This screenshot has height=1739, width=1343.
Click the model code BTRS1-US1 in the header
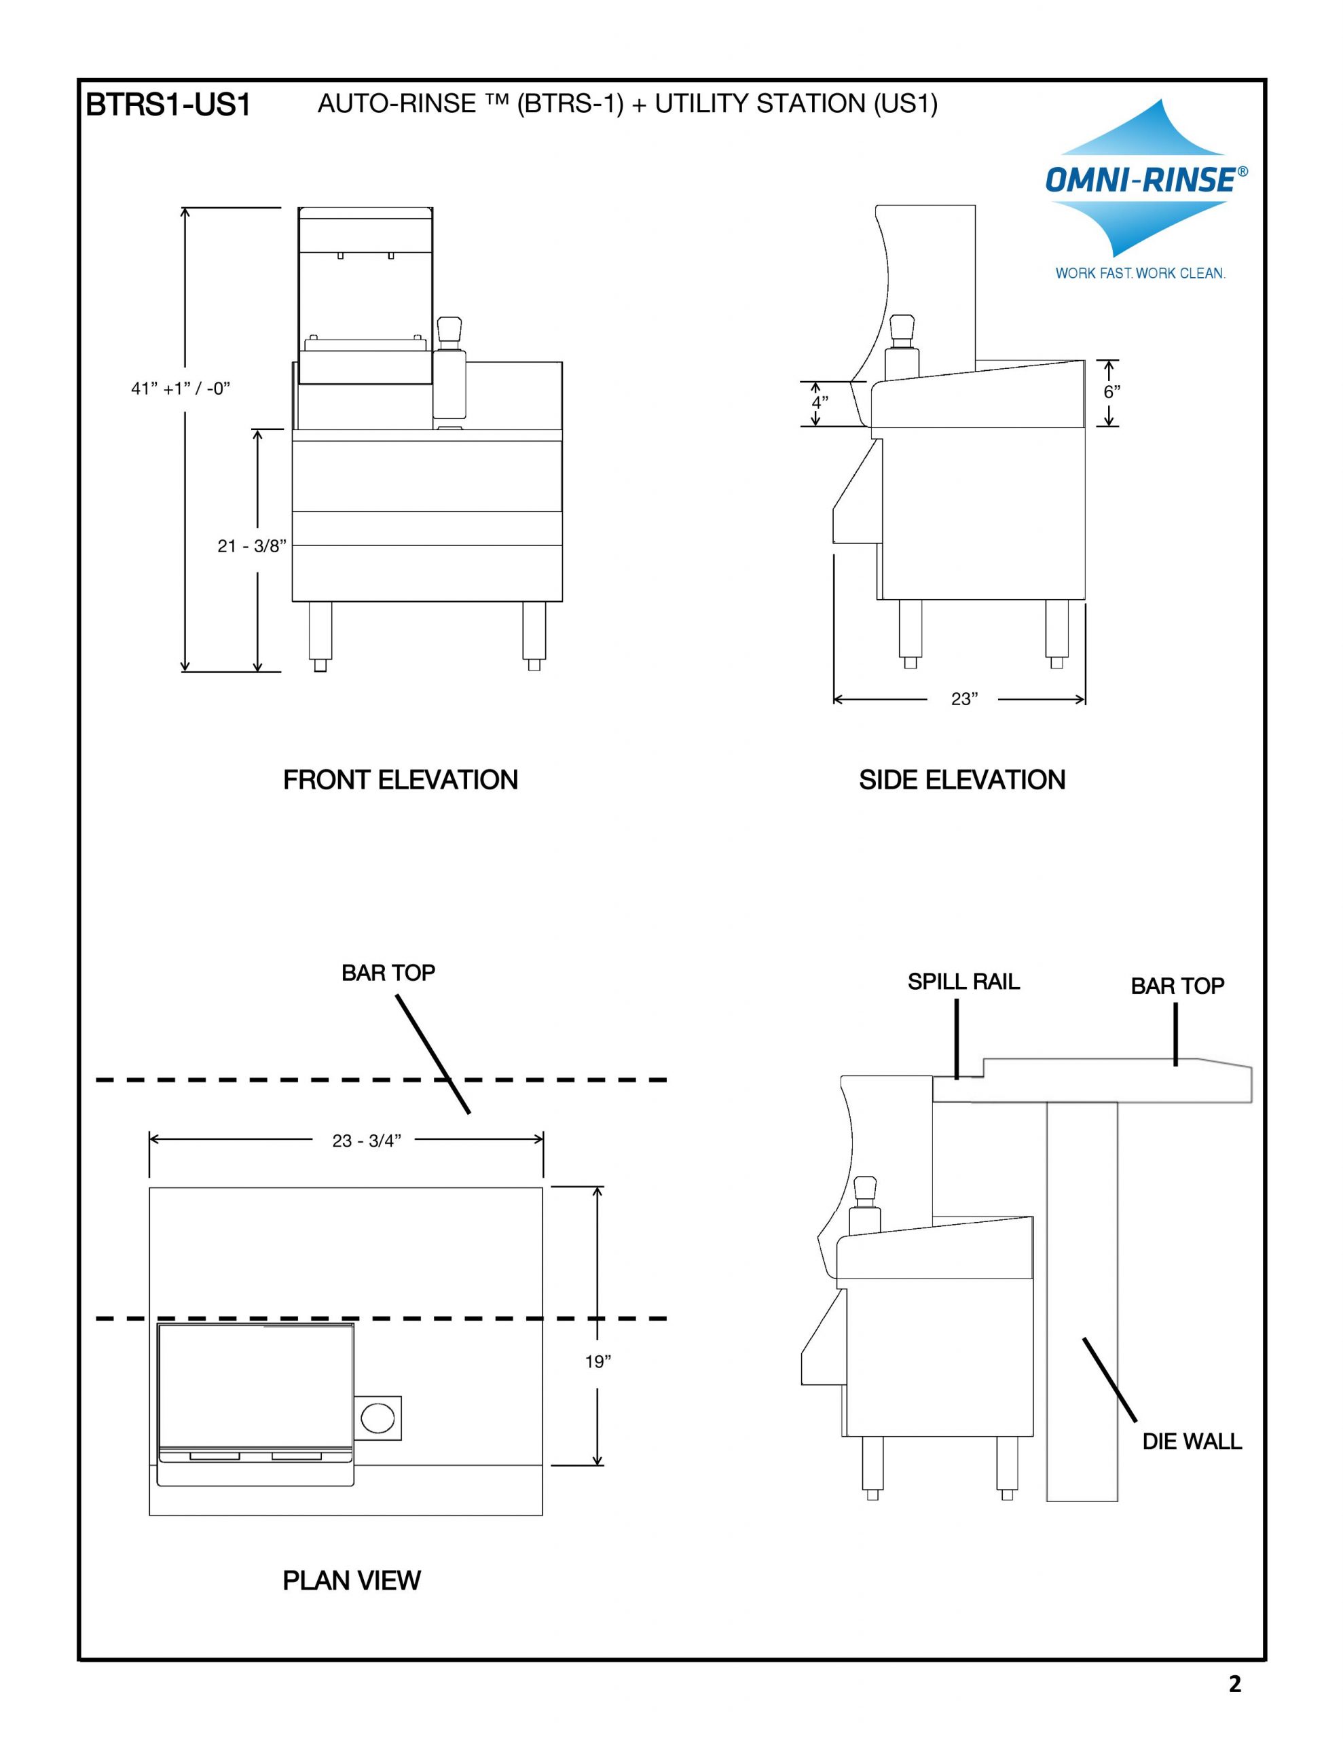coord(168,105)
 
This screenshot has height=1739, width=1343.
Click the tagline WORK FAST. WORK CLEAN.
coord(1140,273)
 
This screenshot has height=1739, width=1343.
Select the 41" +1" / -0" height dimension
coord(181,389)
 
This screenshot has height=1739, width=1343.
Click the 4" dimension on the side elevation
coord(819,402)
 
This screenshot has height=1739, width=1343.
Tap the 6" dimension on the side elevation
coord(1111,392)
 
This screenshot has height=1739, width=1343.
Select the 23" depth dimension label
coord(964,699)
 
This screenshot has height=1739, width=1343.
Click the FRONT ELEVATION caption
coord(401,780)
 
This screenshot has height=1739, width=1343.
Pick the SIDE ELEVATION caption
coord(961,780)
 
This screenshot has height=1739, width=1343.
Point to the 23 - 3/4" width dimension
coord(366,1141)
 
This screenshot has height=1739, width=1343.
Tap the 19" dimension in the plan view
coord(598,1361)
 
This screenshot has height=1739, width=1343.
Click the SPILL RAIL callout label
coord(963,982)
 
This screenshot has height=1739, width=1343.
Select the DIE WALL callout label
coord(1192,1441)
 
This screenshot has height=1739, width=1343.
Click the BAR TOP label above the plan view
coord(388,973)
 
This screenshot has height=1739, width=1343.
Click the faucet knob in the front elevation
coord(449,328)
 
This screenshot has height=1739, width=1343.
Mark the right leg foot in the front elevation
coord(534,663)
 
